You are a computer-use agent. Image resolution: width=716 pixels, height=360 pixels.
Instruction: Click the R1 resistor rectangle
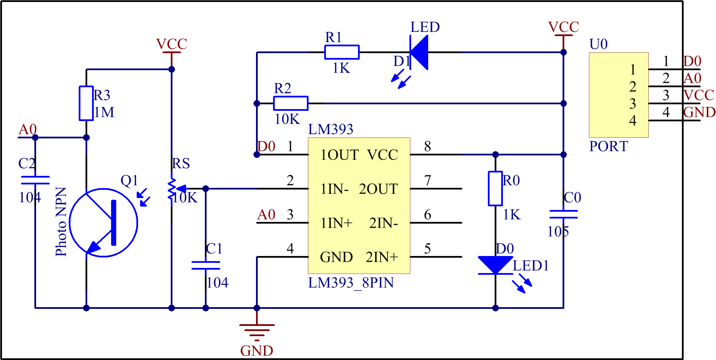pyautogui.click(x=342, y=52)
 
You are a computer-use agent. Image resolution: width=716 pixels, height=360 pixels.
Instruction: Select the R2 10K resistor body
pyautogui.click(x=291, y=103)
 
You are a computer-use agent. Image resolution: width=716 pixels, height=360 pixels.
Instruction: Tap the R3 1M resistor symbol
pyautogui.click(x=86, y=103)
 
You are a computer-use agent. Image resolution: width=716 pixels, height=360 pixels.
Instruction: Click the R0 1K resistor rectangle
pyautogui.click(x=495, y=188)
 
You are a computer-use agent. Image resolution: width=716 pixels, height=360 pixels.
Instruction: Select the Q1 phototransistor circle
pyautogui.click(x=103, y=222)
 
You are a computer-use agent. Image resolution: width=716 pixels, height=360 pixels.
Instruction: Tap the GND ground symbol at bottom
pyautogui.click(x=257, y=331)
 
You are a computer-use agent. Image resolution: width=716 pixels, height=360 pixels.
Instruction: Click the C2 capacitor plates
pyautogui.click(x=35, y=180)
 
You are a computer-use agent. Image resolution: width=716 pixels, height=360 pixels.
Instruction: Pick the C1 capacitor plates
pyautogui.click(x=206, y=265)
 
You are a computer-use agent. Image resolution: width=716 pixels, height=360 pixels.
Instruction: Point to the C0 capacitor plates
pyautogui.click(x=563, y=214)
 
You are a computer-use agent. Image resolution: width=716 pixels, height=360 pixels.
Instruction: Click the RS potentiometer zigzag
pyautogui.click(x=172, y=189)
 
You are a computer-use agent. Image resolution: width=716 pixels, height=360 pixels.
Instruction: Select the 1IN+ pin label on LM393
pyautogui.click(x=336, y=223)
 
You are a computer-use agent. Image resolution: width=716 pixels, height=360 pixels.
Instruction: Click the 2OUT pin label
pyautogui.click(x=378, y=189)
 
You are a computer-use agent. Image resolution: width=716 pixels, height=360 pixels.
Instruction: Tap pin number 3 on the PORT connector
pyautogui.click(x=632, y=104)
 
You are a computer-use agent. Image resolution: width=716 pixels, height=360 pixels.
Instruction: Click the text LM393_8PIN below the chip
pyautogui.click(x=351, y=283)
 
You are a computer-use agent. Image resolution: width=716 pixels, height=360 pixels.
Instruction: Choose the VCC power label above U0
pyautogui.click(x=563, y=27)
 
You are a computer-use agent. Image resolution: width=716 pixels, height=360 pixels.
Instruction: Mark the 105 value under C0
pyautogui.click(x=558, y=232)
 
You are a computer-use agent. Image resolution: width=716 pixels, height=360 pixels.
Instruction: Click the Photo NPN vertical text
pyautogui.click(x=61, y=222)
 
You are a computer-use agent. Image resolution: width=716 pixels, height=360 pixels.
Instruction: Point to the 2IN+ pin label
pyautogui.click(x=382, y=257)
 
